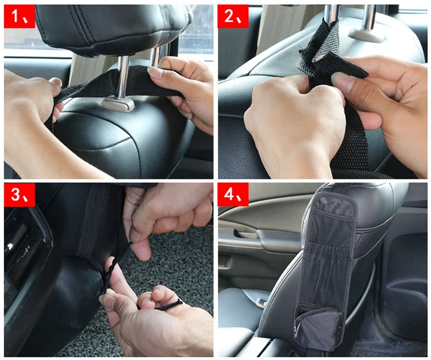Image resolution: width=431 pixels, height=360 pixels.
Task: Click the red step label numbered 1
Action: (x=19, y=18)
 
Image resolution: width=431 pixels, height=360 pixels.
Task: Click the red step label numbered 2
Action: (x=232, y=18)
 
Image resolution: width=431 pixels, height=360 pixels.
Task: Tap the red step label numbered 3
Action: (x=19, y=194)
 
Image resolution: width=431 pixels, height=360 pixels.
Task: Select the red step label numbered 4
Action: (x=232, y=194)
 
